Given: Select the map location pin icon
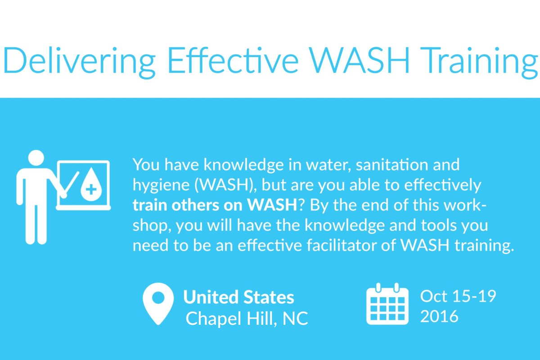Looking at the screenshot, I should pos(158,302).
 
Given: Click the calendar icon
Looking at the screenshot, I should pos(387,304).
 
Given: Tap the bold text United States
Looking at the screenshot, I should pos(238,297).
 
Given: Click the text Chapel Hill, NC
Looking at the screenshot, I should pos(247,319).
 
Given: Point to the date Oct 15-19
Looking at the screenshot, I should pos(458,297).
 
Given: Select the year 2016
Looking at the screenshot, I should pos(439,316).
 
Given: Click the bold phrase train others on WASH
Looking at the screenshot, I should pos(214,206).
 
